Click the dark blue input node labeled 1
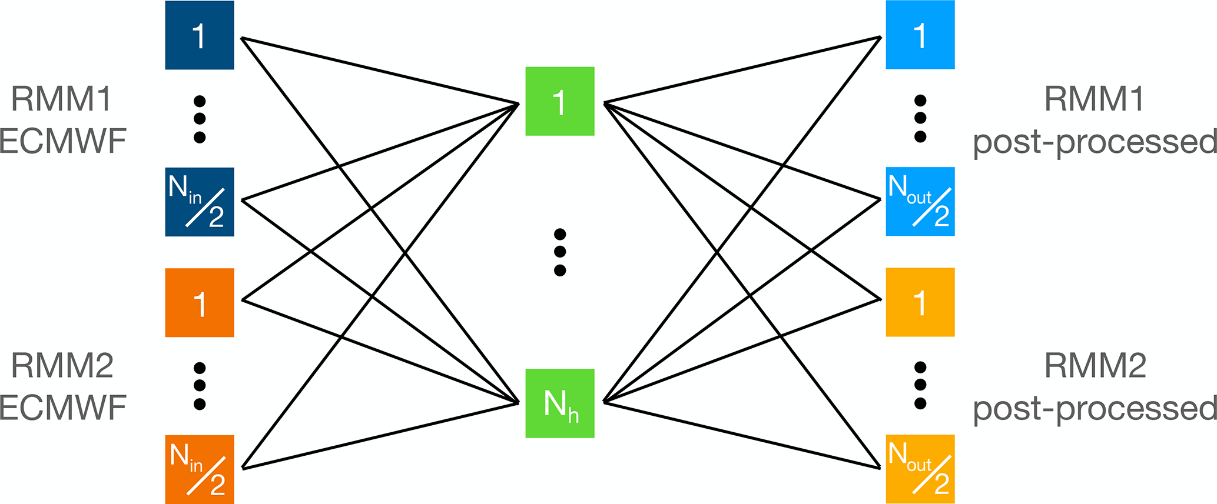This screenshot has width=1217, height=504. pos(199,35)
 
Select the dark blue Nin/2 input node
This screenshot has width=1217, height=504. pos(199,202)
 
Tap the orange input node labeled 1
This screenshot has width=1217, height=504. pos(199,302)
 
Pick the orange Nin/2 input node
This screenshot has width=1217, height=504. pos(199,469)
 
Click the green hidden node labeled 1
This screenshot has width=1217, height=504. pos(559,101)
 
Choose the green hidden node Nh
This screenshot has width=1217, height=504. pos(559,403)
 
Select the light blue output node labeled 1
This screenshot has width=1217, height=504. pos(920,35)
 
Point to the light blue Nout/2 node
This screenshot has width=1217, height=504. pos(920,202)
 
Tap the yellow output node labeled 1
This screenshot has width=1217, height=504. pos(920,302)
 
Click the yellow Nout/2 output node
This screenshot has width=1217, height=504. pos(920,469)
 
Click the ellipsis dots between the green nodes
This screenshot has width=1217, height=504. pos(559,252)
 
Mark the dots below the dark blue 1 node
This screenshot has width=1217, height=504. pos(200,119)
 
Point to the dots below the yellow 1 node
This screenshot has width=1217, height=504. pos(920,385)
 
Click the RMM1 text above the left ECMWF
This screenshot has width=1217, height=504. pos(61,99)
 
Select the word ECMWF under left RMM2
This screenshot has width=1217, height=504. pos(62,408)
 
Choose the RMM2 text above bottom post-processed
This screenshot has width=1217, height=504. pos(1095,366)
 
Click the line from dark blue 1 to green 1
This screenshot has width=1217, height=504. pos(380,71)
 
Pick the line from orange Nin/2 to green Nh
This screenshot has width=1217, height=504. pos(380,436)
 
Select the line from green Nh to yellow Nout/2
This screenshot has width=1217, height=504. pos(742,435)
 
